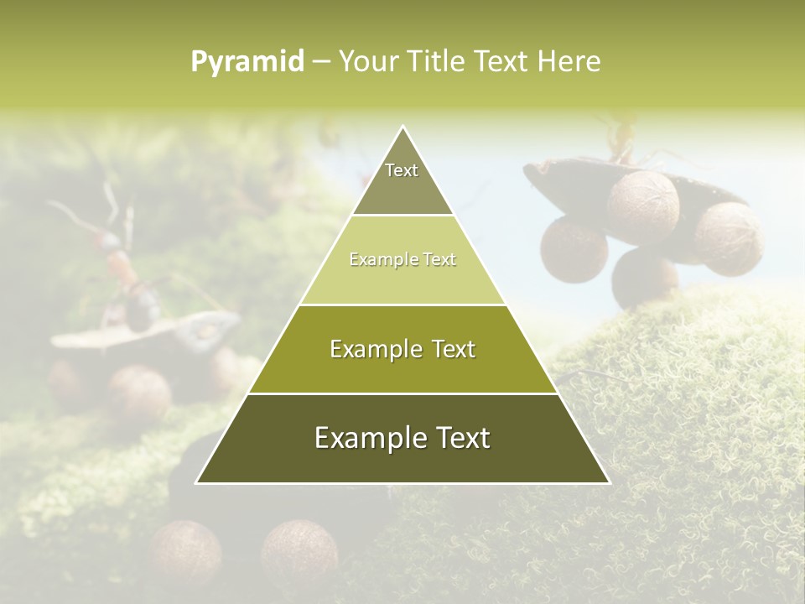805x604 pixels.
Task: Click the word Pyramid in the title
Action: (247, 62)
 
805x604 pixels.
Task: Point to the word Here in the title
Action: (569, 62)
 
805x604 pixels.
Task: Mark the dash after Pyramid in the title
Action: (320, 62)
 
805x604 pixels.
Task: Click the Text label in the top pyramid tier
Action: (402, 170)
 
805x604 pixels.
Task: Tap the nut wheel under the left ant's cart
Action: (139, 390)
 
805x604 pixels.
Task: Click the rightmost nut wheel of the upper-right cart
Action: (728, 239)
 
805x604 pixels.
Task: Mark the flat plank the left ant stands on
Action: (143, 331)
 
